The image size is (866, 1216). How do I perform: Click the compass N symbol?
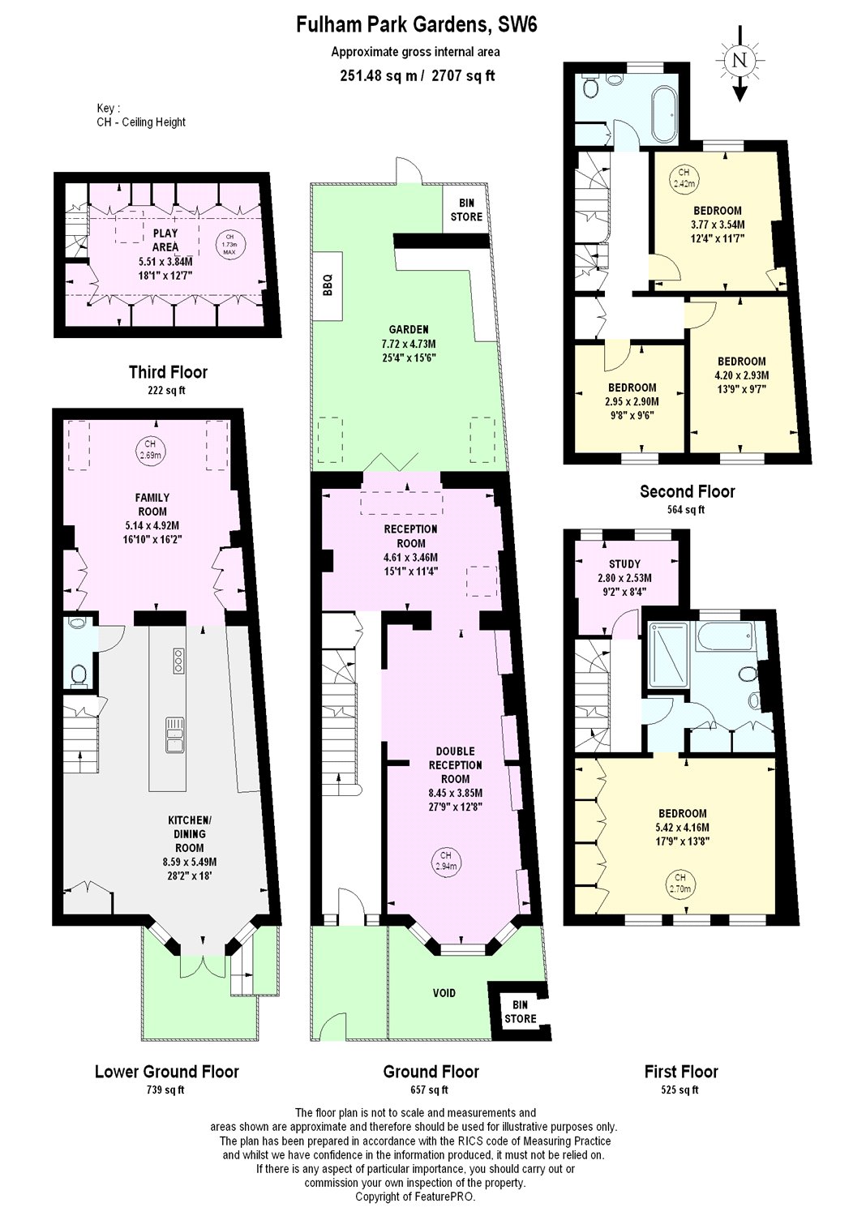[739, 60]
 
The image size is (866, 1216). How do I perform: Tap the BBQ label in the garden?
[328, 285]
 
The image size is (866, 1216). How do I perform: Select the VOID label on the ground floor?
[444, 993]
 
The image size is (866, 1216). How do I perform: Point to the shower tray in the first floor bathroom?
[668, 657]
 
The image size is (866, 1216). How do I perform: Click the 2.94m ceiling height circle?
[446, 861]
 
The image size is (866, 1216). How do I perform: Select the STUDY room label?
[624, 563]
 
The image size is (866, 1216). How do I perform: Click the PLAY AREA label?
[165, 241]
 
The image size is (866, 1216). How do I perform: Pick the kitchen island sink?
[175, 734]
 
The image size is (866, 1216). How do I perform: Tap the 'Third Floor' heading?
[169, 372]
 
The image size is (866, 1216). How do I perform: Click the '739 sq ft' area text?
[165, 1089]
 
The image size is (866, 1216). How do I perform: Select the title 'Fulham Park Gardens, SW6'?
[417, 25]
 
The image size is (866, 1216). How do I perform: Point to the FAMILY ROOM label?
[152, 504]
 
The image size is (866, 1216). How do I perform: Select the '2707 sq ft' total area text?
[463, 75]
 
